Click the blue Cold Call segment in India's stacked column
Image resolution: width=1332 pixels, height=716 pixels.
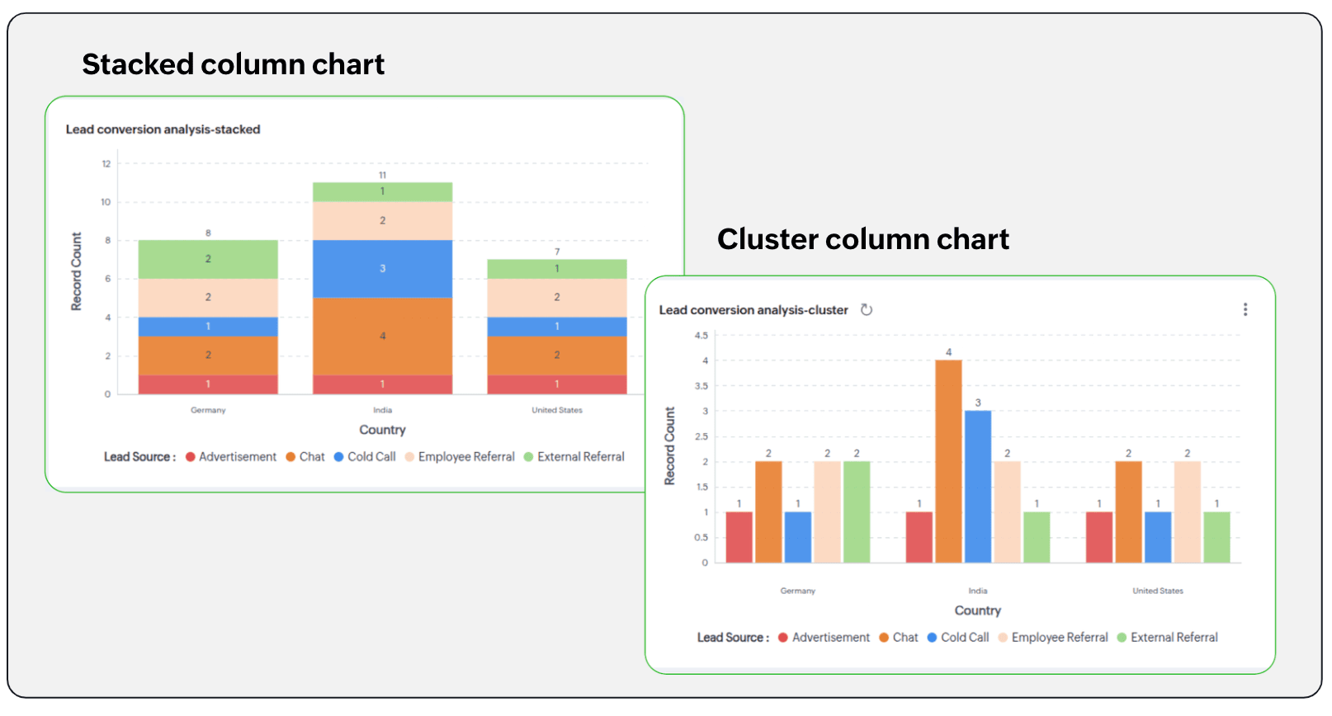[382, 269]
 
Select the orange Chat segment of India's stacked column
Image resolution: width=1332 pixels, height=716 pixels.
[382, 336]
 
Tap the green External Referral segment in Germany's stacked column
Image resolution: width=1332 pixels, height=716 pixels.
[208, 259]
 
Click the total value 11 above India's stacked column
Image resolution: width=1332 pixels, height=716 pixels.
[382, 175]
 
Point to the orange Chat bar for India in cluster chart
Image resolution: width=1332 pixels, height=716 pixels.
[948, 462]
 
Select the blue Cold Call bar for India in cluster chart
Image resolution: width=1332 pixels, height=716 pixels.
[978, 487]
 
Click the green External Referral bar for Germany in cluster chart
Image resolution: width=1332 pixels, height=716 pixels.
[857, 512]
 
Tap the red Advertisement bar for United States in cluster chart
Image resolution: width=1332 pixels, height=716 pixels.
[1099, 537]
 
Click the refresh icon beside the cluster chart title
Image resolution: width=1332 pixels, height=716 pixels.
[867, 310]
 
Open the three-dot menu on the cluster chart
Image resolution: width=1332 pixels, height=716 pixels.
[1245, 309]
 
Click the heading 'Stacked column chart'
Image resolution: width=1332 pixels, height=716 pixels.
[234, 64]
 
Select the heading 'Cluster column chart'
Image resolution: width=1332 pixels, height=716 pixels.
[863, 239]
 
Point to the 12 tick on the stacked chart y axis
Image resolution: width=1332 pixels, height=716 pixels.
[106, 163]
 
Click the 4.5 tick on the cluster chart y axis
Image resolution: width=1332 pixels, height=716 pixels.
[701, 336]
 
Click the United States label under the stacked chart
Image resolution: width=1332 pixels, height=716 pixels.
[557, 410]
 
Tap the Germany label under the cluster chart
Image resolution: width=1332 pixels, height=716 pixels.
[798, 591]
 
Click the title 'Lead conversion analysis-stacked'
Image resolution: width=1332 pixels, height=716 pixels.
[163, 130]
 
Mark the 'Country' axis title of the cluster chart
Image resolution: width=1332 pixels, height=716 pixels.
[978, 610]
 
